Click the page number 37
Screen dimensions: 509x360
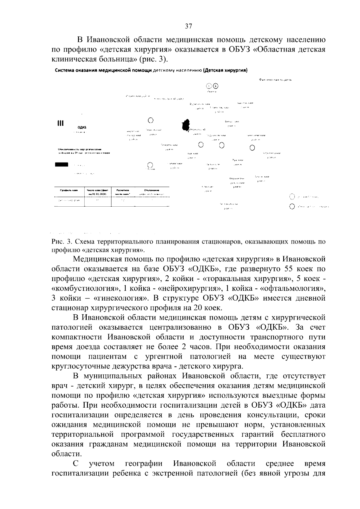(188, 26)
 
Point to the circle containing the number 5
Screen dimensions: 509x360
(216, 86)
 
